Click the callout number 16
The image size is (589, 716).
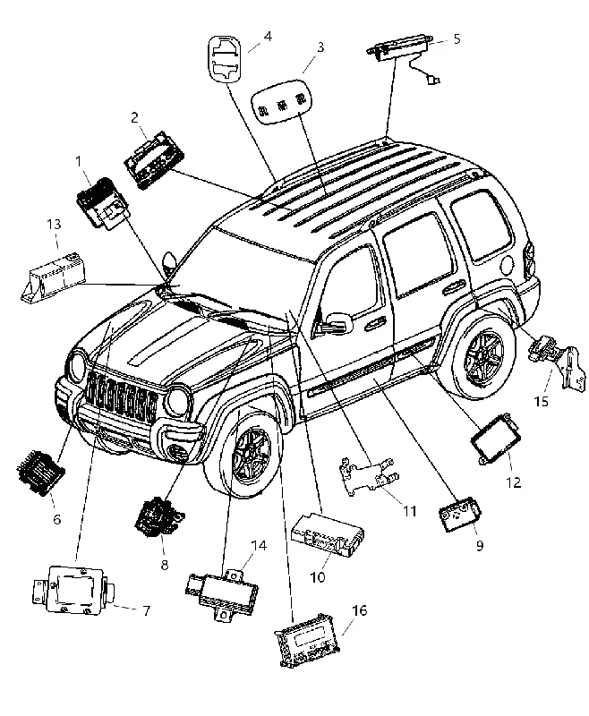360,610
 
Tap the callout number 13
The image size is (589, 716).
54,225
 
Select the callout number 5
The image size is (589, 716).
457,38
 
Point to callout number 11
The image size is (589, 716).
410,511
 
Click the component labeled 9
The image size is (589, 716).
459,515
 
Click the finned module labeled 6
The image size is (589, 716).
40,473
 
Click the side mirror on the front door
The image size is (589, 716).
338,322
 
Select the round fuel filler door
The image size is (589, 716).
508,262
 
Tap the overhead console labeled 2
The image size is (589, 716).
154,160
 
